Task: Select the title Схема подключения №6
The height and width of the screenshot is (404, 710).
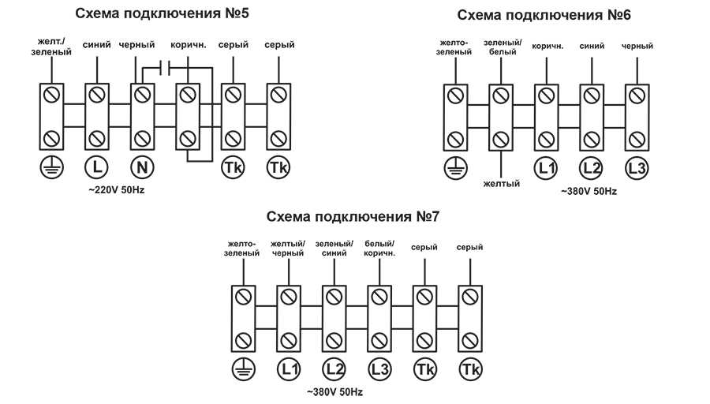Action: pos(544,16)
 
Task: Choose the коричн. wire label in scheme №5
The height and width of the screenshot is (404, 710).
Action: pos(188,46)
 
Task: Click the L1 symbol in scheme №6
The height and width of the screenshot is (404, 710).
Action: pos(546,168)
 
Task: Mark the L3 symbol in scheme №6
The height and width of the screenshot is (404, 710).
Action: pos(637,168)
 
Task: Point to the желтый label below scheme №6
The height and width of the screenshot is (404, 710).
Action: pos(500,184)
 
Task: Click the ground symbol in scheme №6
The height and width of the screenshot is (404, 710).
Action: pos(455,168)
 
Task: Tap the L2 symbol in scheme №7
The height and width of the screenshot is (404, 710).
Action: pos(334,368)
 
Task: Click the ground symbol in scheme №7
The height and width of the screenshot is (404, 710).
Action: pos(242,368)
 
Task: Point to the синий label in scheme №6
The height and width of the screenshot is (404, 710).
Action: pos(592,46)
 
